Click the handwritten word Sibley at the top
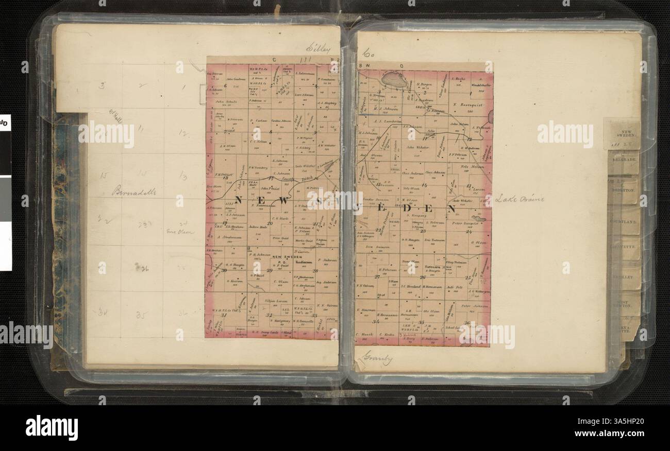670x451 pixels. (317, 49)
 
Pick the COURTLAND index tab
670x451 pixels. (623, 222)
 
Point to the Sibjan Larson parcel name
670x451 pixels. (275, 300)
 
